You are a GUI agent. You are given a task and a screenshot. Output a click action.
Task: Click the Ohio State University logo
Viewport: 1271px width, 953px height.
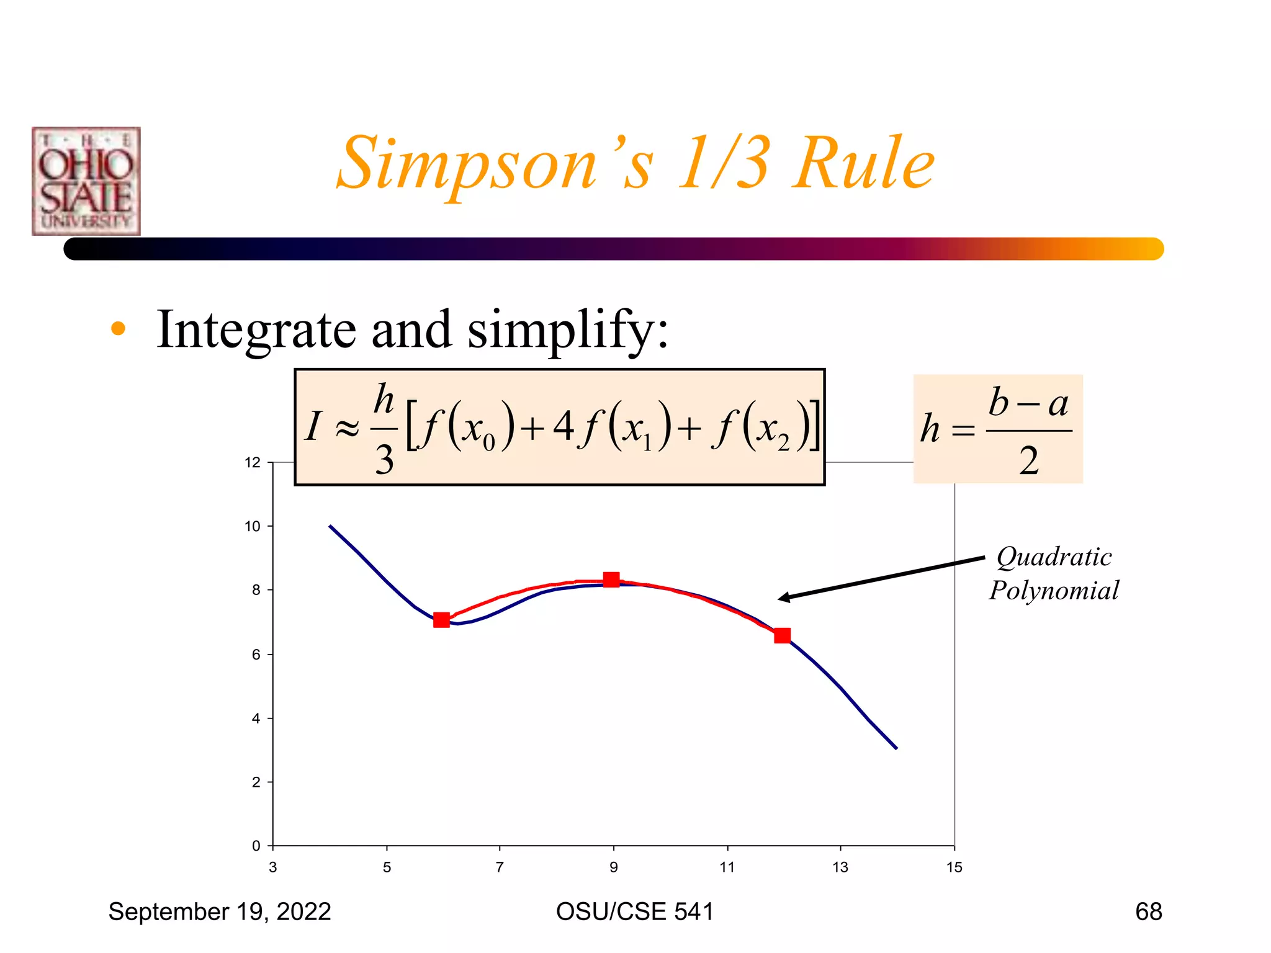[86, 181]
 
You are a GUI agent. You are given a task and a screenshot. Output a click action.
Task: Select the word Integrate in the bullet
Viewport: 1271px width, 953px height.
[256, 329]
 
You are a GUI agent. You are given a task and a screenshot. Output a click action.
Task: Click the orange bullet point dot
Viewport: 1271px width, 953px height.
[118, 329]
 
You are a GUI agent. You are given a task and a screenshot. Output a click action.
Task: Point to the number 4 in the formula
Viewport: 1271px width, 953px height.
[563, 426]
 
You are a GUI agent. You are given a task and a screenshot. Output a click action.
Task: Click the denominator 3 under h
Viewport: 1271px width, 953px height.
[384, 460]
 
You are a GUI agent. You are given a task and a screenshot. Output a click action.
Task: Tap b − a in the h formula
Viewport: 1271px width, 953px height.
[1028, 403]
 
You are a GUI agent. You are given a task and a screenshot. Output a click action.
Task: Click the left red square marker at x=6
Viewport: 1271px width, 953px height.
[441, 620]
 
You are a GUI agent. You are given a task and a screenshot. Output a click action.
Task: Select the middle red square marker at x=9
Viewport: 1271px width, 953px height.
[611, 579]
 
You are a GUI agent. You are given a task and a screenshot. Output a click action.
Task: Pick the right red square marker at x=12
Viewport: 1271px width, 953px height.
[782, 635]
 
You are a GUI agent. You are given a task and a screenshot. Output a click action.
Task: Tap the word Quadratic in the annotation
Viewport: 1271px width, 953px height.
[1054, 557]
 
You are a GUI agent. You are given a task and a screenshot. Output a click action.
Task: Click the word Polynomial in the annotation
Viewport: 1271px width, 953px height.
[1054, 590]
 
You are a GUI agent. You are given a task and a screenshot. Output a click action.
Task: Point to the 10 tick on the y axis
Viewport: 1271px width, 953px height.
[253, 527]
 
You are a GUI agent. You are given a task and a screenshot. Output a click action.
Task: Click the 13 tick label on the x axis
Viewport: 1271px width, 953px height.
[840, 867]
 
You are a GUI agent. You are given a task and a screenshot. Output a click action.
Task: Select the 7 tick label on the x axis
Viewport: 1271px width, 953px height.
[500, 867]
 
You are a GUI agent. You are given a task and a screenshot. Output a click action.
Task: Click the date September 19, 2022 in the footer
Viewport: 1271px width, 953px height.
[220, 911]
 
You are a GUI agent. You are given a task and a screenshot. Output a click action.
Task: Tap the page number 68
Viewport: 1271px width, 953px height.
[1148, 911]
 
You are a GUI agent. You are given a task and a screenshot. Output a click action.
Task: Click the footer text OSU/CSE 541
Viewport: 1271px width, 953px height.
[634, 911]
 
